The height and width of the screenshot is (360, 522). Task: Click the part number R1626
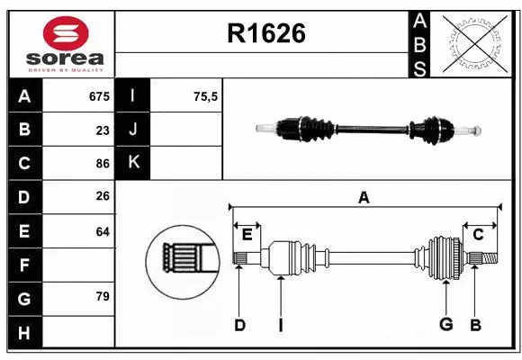266,33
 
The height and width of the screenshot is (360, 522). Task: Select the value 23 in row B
102,130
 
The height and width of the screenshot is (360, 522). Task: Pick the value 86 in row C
102,164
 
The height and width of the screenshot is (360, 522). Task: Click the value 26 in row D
102,197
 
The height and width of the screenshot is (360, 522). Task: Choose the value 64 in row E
102,231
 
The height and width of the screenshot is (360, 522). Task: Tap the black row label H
24,333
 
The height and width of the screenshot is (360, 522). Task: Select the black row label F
24,265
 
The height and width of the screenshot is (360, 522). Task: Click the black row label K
133,164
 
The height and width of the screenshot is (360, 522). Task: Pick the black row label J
133,130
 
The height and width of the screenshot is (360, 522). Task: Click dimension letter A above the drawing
364,198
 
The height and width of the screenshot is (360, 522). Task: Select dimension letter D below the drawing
239,325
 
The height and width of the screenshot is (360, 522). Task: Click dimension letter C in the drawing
478,235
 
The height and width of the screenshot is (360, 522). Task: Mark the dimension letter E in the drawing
247,235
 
